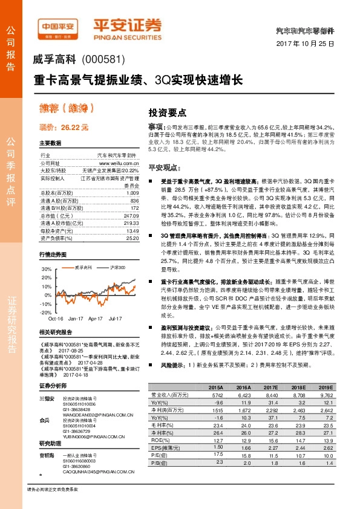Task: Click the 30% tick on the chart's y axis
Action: click(46, 268)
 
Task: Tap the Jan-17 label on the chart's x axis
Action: click(76, 318)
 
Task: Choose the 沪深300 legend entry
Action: click(118, 267)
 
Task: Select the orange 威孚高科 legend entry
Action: click(83, 267)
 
